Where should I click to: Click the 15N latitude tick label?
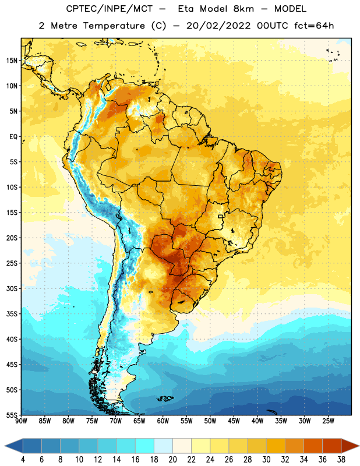click(12, 61)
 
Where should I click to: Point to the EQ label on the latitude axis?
click(13, 137)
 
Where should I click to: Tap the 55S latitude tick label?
click(12, 415)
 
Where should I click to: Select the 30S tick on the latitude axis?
click(12, 288)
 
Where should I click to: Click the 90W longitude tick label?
click(21, 421)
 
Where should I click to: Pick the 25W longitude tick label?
click(328, 421)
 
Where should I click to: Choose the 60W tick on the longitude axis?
click(163, 421)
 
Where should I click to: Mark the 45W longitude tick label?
click(234, 421)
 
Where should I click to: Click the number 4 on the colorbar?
click(23, 460)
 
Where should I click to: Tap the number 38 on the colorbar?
click(341, 460)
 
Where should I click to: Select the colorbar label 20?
click(172, 460)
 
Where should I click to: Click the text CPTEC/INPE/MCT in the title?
click(109, 9)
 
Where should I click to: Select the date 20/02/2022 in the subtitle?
click(218, 26)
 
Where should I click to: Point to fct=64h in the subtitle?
click(314, 26)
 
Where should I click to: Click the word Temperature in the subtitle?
click(114, 26)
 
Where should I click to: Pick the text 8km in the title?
click(243, 9)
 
